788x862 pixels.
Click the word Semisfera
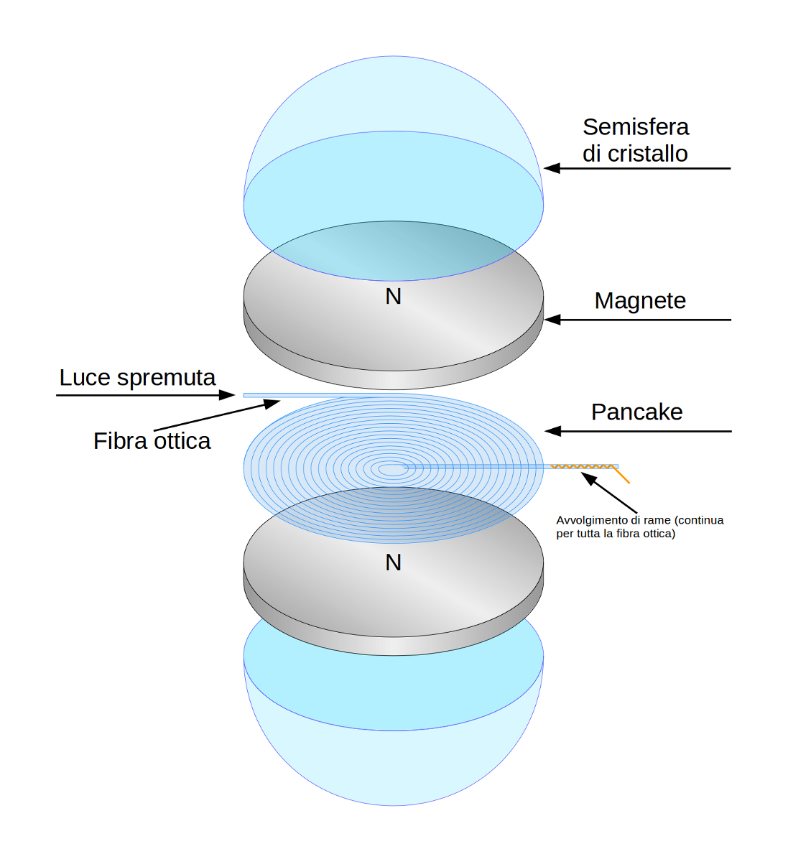[x=635, y=127]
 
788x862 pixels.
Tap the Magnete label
[x=639, y=300]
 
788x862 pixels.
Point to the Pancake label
[x=636, y=412]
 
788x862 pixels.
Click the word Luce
[x=85, y=377]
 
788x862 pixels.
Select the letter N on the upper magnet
[x=393, y=296]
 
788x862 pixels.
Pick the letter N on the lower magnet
[x=393, y=562]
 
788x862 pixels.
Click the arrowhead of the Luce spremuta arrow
[x=228, y=394]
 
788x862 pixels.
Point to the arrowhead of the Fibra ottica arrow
[x=272, y=404]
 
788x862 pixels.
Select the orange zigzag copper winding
[x=583, y=467]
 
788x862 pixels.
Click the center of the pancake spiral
[x=391, y=469]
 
